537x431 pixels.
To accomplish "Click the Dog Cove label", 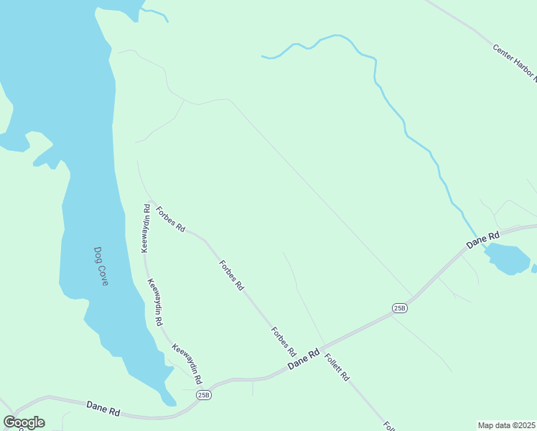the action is [101, 267].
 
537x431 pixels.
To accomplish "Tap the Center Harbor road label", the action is [515, 61].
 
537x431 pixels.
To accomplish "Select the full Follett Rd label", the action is [336, 367].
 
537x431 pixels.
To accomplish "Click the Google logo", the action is [24, 422].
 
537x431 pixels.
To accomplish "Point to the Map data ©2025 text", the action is [506, 425].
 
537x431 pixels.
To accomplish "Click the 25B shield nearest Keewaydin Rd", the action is [205, 394].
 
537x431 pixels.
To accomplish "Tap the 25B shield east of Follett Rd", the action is [400, 307].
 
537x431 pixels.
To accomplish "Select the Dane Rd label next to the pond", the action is [482, 240].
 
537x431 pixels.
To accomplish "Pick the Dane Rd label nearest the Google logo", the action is [103, 409].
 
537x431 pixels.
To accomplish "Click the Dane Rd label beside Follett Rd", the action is [303, 359].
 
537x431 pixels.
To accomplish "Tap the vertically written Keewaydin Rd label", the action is [145, 228].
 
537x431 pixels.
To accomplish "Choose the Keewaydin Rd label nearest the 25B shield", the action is [186, 363].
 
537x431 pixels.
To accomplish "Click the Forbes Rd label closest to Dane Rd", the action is [284, 342].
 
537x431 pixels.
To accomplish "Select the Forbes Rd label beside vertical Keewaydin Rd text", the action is [171, 220].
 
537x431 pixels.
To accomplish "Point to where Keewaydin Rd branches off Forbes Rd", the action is [148, 199].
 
